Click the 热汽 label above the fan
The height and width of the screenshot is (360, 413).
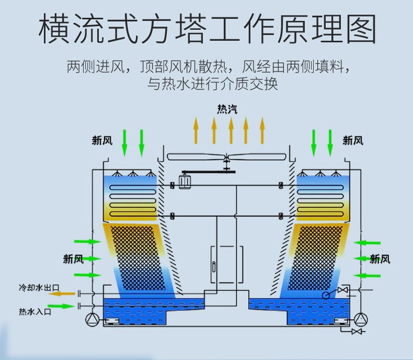[227, 109]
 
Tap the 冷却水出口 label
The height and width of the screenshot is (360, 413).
[39, 287]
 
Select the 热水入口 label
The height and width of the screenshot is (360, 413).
[35, 312]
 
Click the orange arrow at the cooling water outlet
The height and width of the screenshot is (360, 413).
[62, 293]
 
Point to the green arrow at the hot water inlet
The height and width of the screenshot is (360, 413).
[61, 306]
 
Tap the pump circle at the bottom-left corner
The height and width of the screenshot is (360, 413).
[93, 320]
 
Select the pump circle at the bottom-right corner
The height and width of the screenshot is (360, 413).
[361, 319]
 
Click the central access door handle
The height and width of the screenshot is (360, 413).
[214, 266]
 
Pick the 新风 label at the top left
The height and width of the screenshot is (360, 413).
[102, 140]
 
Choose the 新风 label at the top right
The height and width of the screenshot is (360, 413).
[352, 140]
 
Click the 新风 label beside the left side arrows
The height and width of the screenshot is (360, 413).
[73, 259]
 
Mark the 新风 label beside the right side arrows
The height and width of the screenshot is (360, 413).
[380, 259]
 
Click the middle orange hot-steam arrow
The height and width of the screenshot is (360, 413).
[231, 130]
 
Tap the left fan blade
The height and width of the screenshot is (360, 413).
[197, 157]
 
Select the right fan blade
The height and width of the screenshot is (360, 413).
[257, 157]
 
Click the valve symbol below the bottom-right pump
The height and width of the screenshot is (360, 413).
[356, 331]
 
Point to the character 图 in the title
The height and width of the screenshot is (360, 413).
[361, 29]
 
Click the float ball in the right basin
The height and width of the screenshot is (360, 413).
[326, 296]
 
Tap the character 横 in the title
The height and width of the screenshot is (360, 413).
[54, 29]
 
